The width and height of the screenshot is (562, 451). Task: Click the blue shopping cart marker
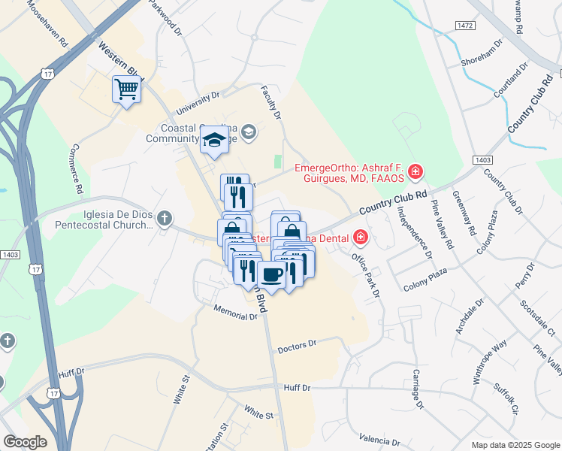[126, 90]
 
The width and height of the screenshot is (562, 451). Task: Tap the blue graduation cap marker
[214, 140]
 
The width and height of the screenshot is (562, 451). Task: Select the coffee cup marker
[271, 274]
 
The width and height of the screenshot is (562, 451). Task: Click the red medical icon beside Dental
[361, 238]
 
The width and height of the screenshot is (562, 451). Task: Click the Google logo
[25, 442]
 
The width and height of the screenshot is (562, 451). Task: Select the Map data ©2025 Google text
[515, 445]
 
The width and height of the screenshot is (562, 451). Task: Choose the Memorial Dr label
[235, 313]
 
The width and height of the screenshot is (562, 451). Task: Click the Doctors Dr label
[298, 347]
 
